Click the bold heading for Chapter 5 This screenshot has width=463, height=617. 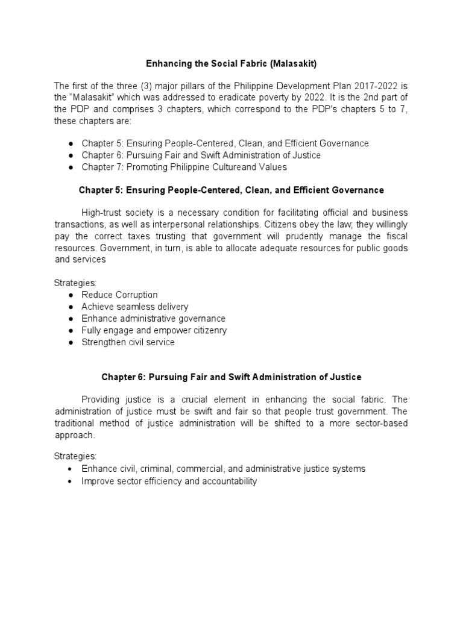231,190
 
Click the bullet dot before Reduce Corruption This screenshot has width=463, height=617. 71,295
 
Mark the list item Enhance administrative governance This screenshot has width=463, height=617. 153,319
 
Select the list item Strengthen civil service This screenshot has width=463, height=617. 128,342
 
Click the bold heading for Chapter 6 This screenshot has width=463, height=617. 231,377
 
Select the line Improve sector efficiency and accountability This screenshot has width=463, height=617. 169,481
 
